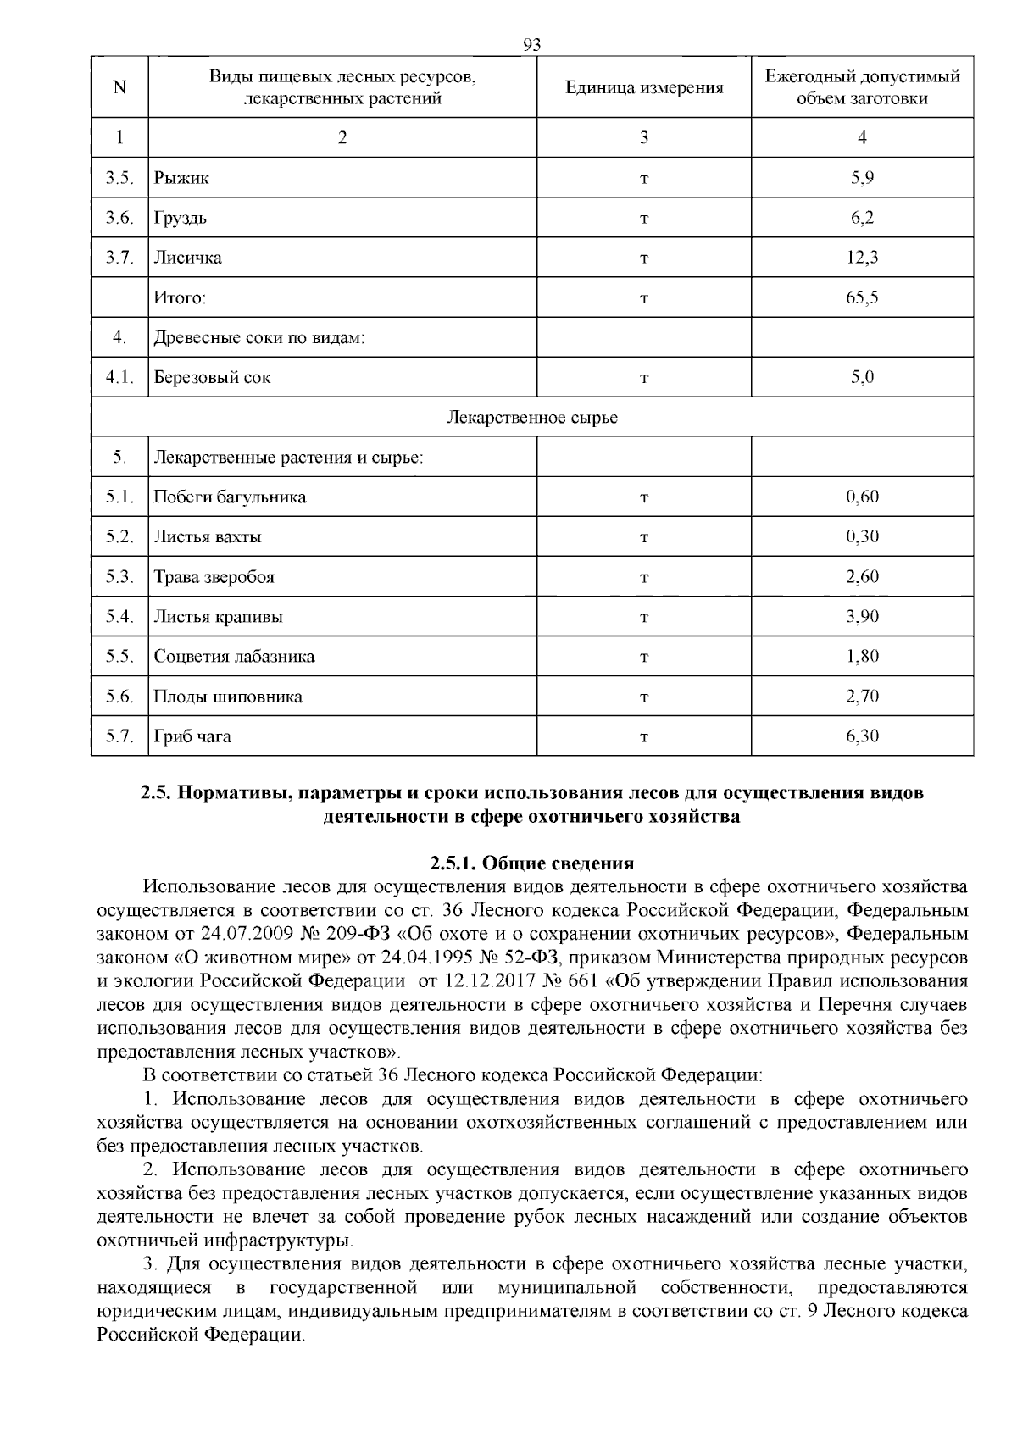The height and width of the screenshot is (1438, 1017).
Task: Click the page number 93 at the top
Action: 532,45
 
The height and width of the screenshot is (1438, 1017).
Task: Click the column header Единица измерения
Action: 643,88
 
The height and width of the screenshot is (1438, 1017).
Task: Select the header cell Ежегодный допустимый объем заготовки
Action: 862,87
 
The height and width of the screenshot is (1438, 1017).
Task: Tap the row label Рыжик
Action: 181,178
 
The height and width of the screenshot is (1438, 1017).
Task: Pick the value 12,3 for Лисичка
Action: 862,258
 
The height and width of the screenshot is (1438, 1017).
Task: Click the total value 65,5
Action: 862,297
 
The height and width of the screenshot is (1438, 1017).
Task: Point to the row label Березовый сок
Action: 212,377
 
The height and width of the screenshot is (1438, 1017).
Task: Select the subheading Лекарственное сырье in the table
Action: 531,418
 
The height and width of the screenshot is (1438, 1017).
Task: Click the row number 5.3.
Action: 119,577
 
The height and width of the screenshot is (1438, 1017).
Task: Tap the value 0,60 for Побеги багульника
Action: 862,497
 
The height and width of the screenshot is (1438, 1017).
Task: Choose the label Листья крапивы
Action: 218,617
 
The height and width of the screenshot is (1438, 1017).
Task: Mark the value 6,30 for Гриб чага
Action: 862,736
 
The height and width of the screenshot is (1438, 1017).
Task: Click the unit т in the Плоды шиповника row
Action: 643,697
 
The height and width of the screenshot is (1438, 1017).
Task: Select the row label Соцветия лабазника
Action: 234,657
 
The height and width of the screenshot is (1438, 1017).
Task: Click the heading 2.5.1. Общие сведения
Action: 531,863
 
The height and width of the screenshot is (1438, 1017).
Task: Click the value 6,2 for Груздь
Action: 862,218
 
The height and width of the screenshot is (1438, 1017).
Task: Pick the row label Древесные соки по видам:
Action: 258,338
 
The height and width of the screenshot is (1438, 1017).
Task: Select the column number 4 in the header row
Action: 862,137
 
